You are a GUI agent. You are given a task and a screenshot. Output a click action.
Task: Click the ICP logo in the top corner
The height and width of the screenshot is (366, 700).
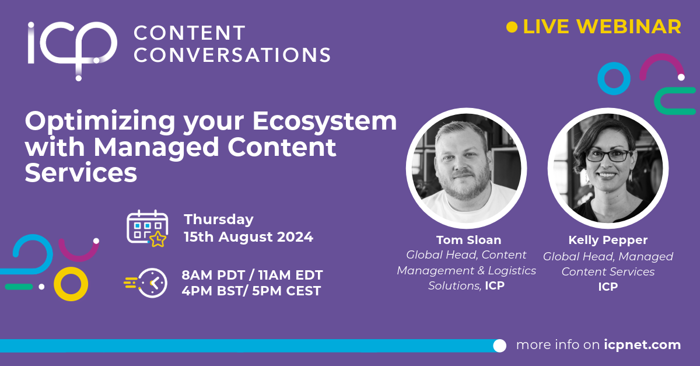[71, 47]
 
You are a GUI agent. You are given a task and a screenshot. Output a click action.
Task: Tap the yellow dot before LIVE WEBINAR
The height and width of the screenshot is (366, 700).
[512, 27]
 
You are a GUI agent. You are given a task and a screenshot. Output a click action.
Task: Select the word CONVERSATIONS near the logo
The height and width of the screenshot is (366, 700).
[232, 55]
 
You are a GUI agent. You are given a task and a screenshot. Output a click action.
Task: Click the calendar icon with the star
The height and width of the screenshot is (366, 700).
[147, 228]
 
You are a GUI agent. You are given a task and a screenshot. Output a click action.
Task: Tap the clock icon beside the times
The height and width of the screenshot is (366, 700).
[150, 283]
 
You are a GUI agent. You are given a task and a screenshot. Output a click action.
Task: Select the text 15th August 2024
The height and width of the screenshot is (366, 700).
[249, 237]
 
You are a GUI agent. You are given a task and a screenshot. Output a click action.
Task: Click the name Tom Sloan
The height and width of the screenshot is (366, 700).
[468, 240]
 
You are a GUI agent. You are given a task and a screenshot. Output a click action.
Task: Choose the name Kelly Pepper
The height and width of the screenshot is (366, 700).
[608, 240]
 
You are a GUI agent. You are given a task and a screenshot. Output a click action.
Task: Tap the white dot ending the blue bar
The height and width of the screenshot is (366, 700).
[499, 346]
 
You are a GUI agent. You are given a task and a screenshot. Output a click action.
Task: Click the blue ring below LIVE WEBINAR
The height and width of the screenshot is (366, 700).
[614, 78]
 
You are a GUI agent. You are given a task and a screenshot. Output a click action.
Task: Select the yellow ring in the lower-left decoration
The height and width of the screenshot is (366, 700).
[71, 284]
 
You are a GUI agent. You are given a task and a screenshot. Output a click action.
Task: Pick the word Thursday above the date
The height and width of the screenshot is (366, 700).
[219, 219]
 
